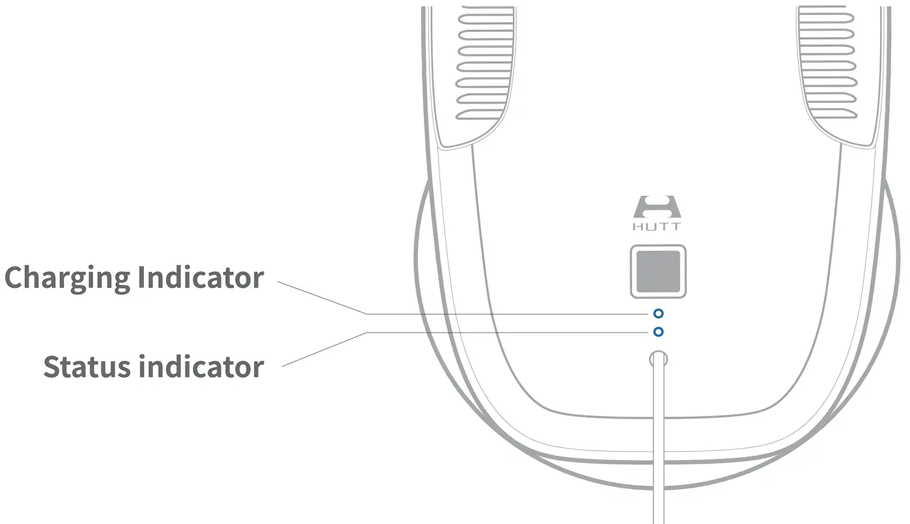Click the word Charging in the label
click(68, 279)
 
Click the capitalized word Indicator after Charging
click(200, 277)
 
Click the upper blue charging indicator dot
click(658, 314)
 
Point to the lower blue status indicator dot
click(658, 332)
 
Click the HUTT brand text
click(657, 227)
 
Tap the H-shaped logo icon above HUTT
click(657, 208)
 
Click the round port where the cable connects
click(658, 359)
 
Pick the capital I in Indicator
click(142, 277)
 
